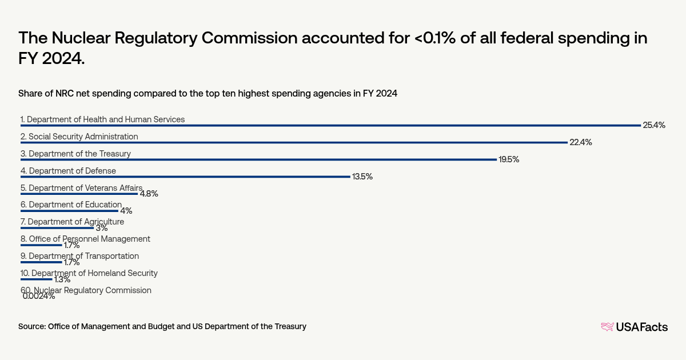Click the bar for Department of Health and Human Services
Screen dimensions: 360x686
pos(330,125)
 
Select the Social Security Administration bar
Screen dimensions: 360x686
pos(294,142)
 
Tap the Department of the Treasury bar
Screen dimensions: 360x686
pos(258,159)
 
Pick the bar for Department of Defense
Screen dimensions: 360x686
pos(185,177)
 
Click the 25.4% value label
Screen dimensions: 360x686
pos(654,125)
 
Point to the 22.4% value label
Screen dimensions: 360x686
pos(580,142)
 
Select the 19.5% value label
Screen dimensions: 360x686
pos(509,159)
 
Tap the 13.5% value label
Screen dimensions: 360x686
pos(362,177)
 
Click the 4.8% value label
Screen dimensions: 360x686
pos(149,194)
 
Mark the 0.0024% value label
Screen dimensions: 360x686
pos(39,296)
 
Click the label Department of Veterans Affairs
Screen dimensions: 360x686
pos(81,187)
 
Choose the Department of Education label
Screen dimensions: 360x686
pos(71,205)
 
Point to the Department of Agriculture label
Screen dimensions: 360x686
pos(72,222)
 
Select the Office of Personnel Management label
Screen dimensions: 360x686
pos(85,239)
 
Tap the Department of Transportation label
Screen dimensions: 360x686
pos(79,256)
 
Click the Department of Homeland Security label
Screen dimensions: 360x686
pos(89,273)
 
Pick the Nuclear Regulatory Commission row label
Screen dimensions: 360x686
pos(86,290)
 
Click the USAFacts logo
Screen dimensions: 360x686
pos(634,327)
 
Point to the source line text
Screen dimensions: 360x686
pos(162,326)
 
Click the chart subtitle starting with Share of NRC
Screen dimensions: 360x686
pos(208,93)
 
